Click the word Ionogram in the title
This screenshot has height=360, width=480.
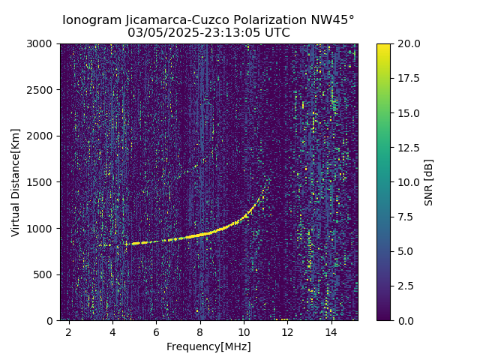point(90,20)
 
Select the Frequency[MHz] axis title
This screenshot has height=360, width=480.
point(208,346)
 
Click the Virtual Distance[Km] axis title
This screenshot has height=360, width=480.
point(16,182)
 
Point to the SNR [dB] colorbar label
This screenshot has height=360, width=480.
point(429,182)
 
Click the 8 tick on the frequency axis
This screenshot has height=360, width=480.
point(200,331)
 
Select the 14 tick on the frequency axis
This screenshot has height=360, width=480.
point(331,331)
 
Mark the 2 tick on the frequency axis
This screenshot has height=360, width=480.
point(69,331)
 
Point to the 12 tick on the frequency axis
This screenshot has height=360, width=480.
point(287,331)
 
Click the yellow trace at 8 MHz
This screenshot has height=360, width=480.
point(200,235)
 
